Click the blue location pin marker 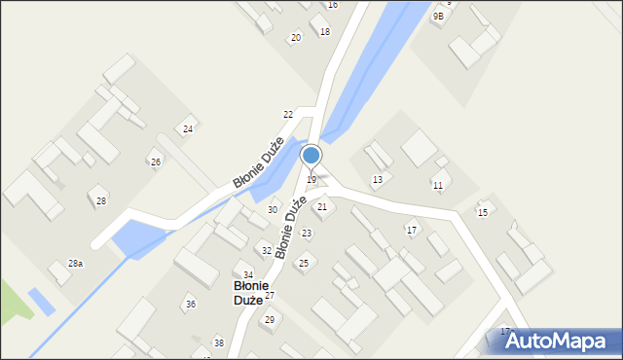311,156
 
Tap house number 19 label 311,180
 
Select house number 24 188,129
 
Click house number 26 155,162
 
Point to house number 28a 75,264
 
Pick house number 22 288,115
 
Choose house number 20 296,38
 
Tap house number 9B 438,17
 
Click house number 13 377,180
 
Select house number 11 438,186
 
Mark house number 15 482,212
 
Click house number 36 191,305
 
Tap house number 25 304,264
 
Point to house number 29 269,320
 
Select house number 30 273,210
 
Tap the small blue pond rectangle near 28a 42,301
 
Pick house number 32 267,251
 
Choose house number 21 322,207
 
